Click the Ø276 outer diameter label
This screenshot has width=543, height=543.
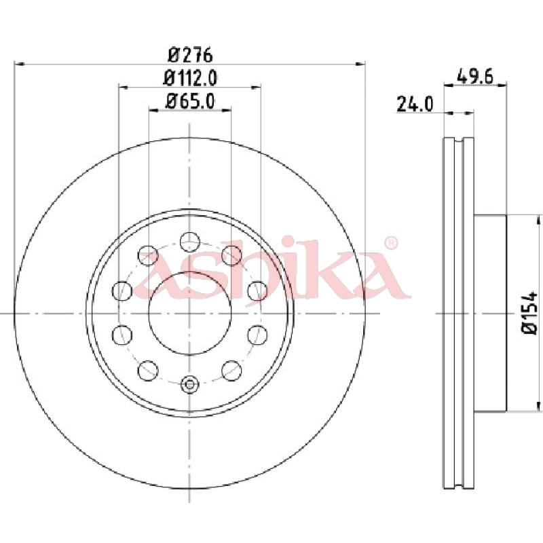pos(190,55)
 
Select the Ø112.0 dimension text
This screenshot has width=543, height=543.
pos(190,78)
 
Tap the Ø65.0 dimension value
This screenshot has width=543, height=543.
pos(190,101)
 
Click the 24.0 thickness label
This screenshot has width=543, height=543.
pos(415,104)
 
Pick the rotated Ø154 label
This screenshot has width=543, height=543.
pos(530,313)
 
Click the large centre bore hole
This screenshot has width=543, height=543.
pos(190,314)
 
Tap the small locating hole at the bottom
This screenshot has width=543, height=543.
pos(190,384)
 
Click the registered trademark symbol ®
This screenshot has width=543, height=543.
pos(391,243)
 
